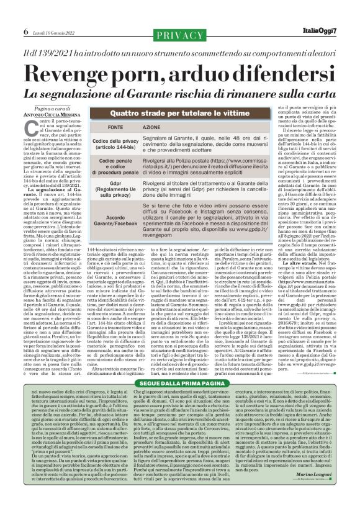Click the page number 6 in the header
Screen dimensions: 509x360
(26, 30)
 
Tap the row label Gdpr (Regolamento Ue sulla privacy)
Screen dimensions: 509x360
(115, 191)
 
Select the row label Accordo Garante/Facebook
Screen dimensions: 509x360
(115, 222)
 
